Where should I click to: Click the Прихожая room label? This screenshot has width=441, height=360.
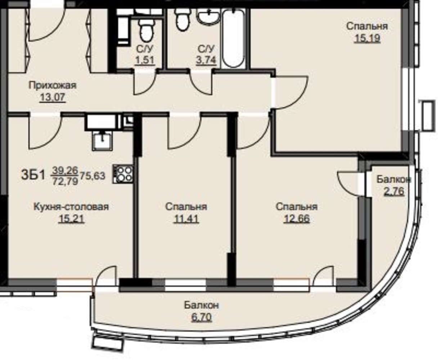[53, 85]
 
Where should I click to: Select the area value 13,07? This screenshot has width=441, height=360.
[53, 97]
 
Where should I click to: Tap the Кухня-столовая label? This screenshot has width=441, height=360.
[71, 207]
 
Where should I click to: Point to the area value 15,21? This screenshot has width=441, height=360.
[72, 219]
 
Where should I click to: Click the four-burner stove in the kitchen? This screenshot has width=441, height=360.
[123, 174]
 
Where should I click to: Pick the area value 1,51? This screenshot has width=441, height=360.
[145, 60]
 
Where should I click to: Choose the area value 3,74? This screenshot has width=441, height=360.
[206, 60]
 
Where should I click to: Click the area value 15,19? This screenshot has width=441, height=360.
[367, 38]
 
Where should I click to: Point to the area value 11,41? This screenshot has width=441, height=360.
[186, 219]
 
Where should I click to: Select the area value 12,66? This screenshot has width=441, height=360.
[296, 219]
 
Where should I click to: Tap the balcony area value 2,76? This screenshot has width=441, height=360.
[394, 191]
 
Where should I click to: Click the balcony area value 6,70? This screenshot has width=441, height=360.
[201, 317]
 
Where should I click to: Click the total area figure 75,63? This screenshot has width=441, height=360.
[93, 176]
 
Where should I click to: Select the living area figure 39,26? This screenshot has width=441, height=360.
[65, 170]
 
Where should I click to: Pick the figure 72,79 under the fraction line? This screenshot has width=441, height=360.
[65, 181]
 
